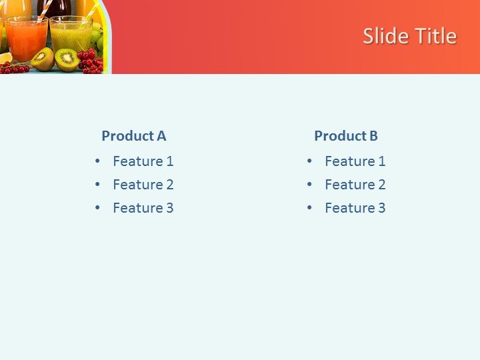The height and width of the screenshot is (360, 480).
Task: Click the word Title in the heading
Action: point(434,36)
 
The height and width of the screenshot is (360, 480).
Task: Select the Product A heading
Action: point(133,136)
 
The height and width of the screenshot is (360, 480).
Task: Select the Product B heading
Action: point(346,136)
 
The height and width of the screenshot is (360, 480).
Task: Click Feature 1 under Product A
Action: point(143,161)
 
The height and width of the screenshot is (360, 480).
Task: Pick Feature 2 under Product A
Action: point(143,185)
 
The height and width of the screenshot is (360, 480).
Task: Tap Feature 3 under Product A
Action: point(143,208)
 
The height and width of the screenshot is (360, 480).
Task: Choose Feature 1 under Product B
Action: point(355,161)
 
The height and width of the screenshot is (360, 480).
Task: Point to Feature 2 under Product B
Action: point(355,185)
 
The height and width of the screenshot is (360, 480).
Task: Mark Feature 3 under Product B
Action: point(355,208)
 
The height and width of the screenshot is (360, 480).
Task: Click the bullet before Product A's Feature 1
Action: point(98,161)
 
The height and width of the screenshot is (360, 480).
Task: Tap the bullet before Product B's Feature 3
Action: point(310,208)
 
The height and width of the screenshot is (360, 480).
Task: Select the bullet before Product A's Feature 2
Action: point(98,185)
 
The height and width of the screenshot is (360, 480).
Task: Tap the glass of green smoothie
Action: point(70,36)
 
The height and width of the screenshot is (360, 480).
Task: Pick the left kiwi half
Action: point(43,59)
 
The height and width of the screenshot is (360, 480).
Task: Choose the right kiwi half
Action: point(67,59)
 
